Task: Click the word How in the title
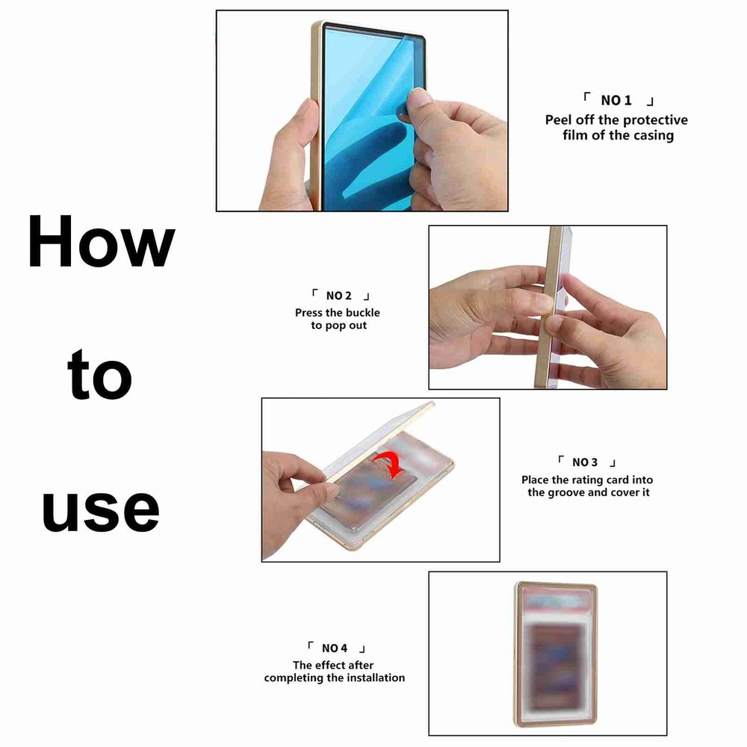click(101, 243)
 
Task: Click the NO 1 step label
click(617, 101)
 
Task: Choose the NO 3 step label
click(585, 462)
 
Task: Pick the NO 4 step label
click(335, 648)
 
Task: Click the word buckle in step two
click(362, 312)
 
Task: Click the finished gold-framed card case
click(555, 654)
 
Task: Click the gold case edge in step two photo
click(554, 306)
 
